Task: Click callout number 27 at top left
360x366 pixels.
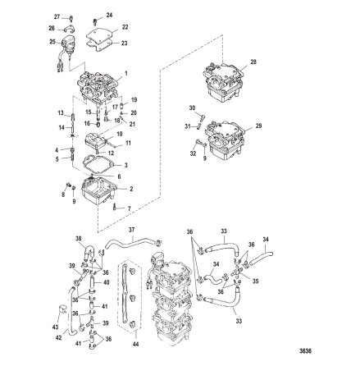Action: pos(58,16)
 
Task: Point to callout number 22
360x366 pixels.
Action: pos(125,27)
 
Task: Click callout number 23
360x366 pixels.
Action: pos(125,42)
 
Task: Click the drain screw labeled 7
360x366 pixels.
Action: pos(114,208)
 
